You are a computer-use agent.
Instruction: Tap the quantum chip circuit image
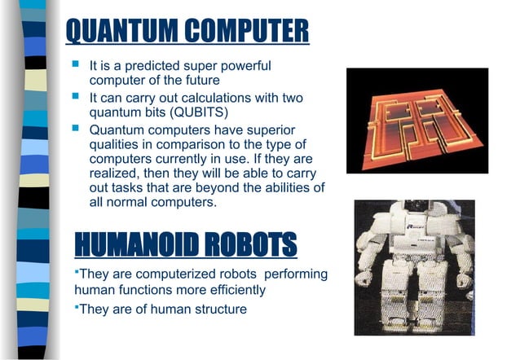pos(416,121)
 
